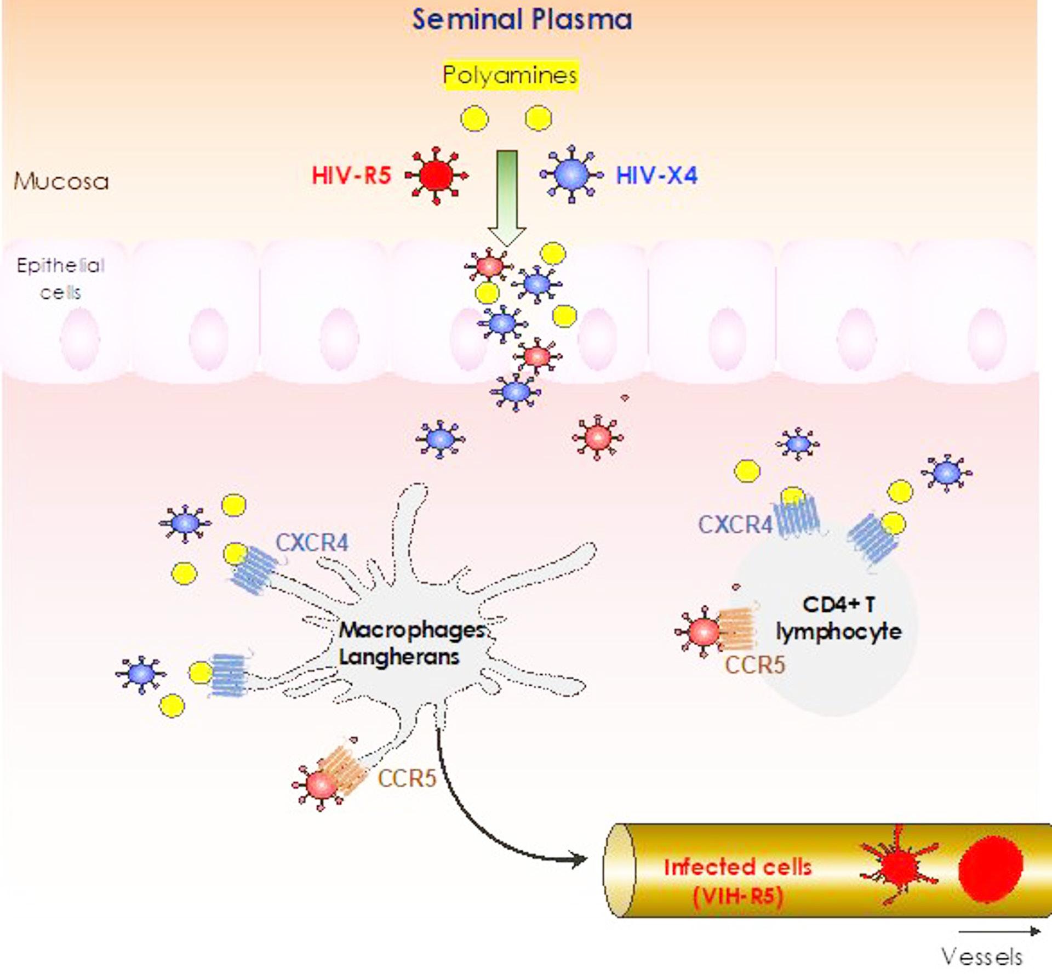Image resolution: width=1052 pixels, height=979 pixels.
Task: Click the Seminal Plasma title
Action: click(522, 20)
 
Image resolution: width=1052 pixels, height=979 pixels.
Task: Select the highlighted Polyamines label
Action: click(510, 75)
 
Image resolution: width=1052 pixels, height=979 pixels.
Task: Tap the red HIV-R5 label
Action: click(351, 176)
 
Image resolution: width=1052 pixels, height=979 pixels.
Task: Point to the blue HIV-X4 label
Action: click(656, 176)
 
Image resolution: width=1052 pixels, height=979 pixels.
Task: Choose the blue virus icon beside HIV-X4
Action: click(571, 174)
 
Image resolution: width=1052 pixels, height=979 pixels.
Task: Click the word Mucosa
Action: click(61, 181)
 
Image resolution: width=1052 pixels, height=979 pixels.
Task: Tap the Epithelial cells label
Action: click(60, 278)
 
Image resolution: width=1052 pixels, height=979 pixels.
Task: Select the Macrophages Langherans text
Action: click(411, 643)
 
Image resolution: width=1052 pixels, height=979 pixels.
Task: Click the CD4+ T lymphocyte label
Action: click(838, 618)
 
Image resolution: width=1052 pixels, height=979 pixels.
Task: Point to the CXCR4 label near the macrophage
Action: click(312, 543)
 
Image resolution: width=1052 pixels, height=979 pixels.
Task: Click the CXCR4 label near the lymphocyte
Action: click(735, 525)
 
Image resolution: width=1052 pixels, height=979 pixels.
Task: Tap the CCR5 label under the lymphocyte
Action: click(754, 665)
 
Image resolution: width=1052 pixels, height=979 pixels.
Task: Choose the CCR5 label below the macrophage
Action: click(407, 778)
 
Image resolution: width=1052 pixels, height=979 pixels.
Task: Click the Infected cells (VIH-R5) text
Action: click(737, 881)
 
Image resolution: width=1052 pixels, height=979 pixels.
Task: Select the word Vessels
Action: click(982, 957)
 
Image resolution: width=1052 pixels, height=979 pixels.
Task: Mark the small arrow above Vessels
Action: click(999, 931)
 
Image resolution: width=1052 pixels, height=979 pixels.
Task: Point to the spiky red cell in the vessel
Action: click(897, 866)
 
